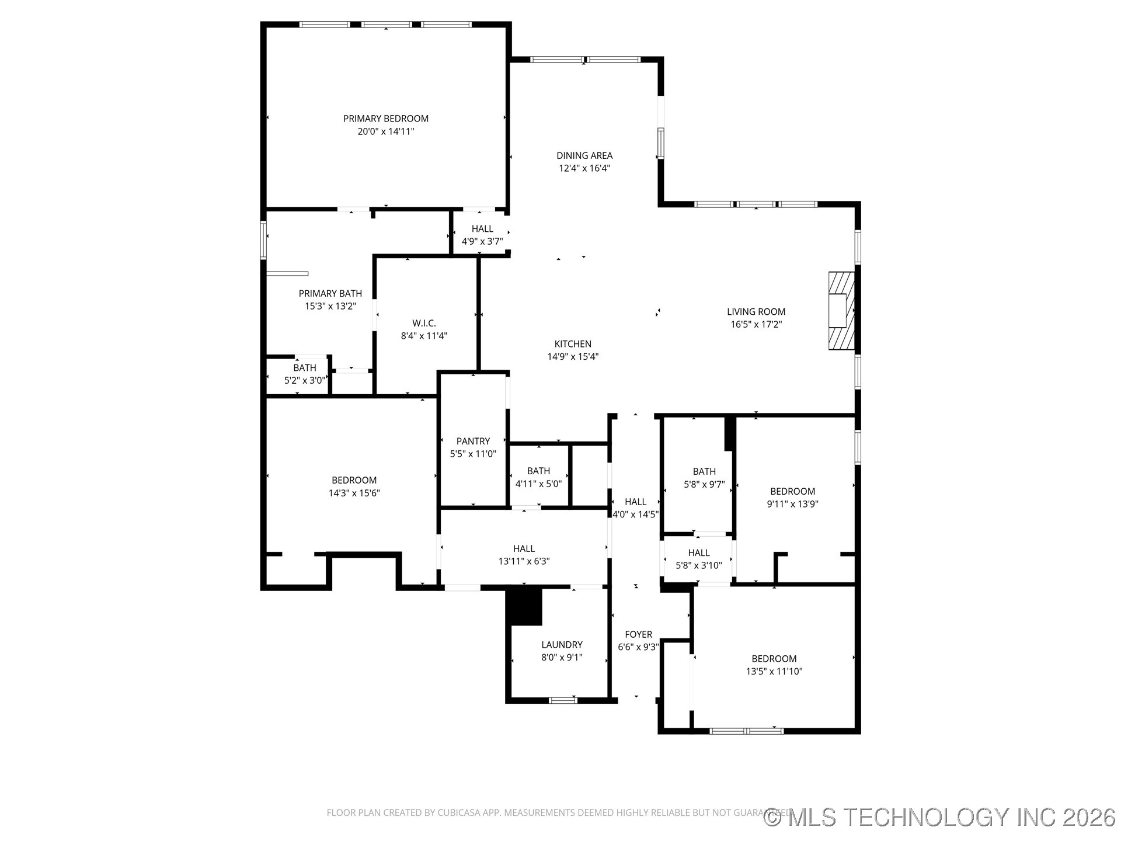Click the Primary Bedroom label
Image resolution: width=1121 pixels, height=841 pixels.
[x=385, y=119]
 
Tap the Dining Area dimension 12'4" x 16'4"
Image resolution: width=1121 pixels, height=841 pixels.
[x=584, y=168]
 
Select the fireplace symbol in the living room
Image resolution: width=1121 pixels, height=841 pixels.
[x=841, y=311]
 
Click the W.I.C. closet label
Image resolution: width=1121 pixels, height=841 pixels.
[x=424, y=323]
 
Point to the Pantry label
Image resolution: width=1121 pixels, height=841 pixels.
[x=473, y=441]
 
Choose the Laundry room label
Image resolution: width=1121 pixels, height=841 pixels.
[x=562, y=644]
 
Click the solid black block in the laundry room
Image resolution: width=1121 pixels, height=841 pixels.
[x=524, y=606]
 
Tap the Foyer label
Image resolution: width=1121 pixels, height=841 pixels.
[x=638, y=634]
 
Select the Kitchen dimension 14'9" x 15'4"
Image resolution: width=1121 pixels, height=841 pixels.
[x=573, y=357]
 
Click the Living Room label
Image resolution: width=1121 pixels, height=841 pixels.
[x=756, y=312]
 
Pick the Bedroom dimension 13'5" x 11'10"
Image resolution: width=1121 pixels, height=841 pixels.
[x=774, y=672]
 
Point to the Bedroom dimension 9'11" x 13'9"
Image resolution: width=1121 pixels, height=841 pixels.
[x=792, y=504]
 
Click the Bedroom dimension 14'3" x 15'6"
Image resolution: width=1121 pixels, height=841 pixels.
[x=354, y=493]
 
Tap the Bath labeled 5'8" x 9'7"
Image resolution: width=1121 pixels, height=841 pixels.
[x=704, y=471]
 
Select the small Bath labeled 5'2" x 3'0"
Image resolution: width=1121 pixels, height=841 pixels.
[x=305, y=368]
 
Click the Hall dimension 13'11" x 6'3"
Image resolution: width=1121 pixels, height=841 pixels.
[x=524, y=561]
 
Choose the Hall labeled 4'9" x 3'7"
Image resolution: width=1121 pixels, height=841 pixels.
[x=482, y=229]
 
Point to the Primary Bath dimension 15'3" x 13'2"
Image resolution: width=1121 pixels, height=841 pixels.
[x=330, y=306]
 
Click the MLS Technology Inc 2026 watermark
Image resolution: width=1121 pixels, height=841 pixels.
[x=940, y=817]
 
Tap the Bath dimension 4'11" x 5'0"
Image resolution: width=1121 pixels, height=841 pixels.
[x=538, y=484]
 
